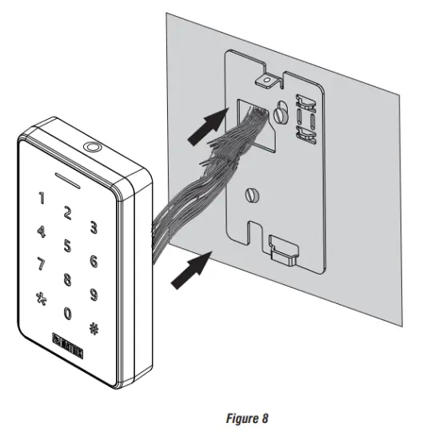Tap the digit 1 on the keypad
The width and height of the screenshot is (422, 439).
42,197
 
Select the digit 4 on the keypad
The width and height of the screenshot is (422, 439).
41,232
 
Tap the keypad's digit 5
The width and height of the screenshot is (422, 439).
68,245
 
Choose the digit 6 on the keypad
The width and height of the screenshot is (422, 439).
94,262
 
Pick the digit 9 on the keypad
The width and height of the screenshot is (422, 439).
94,295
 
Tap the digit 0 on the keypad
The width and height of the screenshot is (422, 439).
68,314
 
